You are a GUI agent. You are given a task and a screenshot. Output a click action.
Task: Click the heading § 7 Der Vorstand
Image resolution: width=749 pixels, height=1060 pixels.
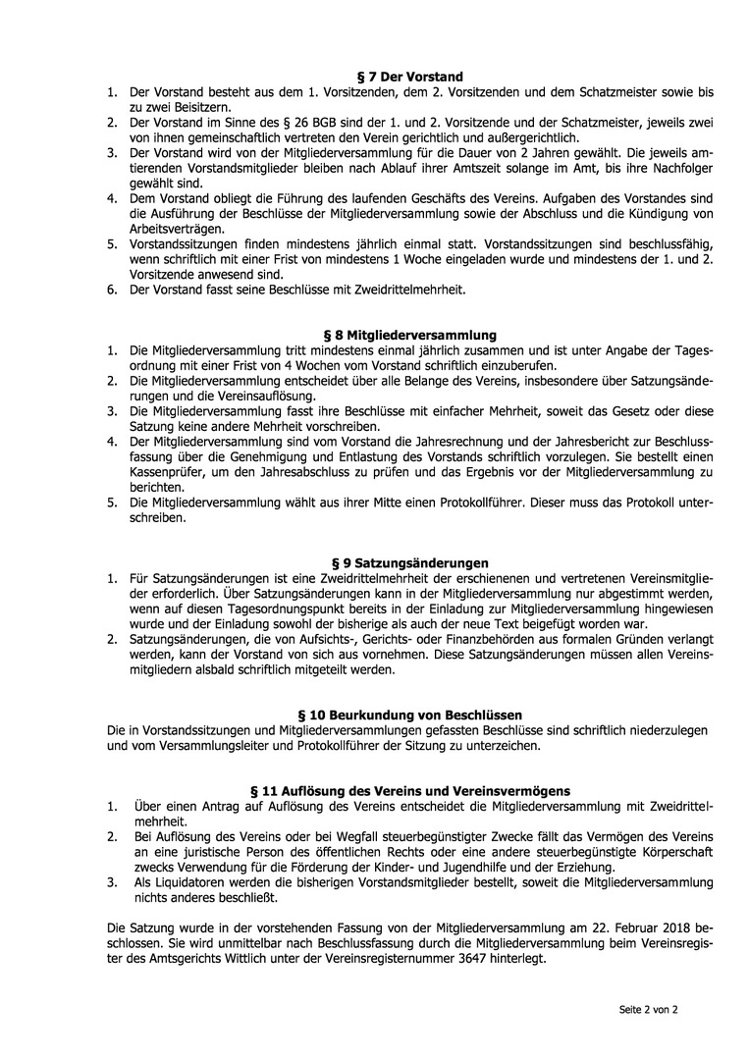click(409, 77)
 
